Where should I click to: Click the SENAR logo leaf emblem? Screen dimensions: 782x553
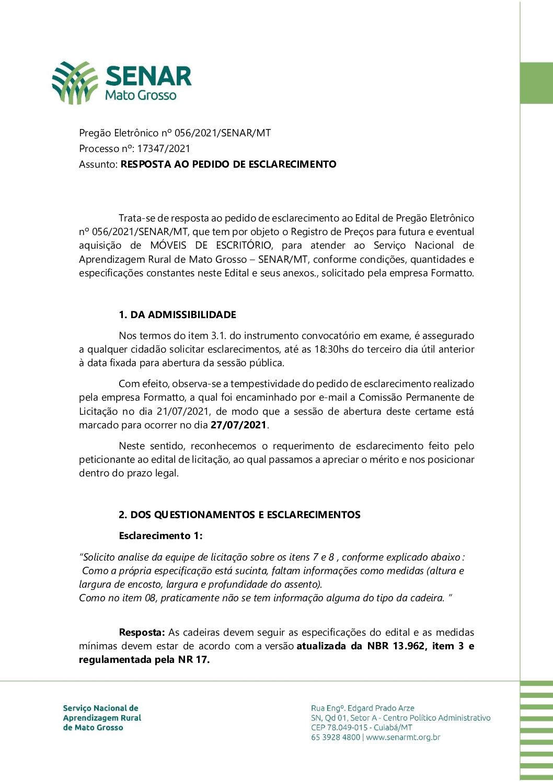(75, 83)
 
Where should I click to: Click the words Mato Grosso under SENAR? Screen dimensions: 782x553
(141, 96)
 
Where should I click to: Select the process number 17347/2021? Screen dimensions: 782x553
(164, 149)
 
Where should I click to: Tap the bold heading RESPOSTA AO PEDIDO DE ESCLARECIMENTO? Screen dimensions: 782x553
(228, 165)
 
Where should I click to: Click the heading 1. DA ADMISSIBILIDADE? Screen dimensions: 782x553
(177, 315)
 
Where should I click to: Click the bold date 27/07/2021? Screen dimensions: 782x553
(238, 425)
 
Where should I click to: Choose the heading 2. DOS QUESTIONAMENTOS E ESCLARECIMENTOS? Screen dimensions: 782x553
(239, 515)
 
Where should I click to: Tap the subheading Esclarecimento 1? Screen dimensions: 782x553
(160, 536)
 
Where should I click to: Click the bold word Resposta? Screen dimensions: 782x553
(142, 633)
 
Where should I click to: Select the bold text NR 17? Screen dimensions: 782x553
(193, 660)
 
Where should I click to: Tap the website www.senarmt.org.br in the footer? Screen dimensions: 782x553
(403, 738)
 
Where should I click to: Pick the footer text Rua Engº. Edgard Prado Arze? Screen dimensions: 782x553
(362, 708)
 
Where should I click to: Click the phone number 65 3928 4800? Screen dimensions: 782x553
(336, 738)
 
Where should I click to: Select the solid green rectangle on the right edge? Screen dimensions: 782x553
(536, 83)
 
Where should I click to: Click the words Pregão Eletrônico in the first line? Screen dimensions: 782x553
(111, 133)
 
